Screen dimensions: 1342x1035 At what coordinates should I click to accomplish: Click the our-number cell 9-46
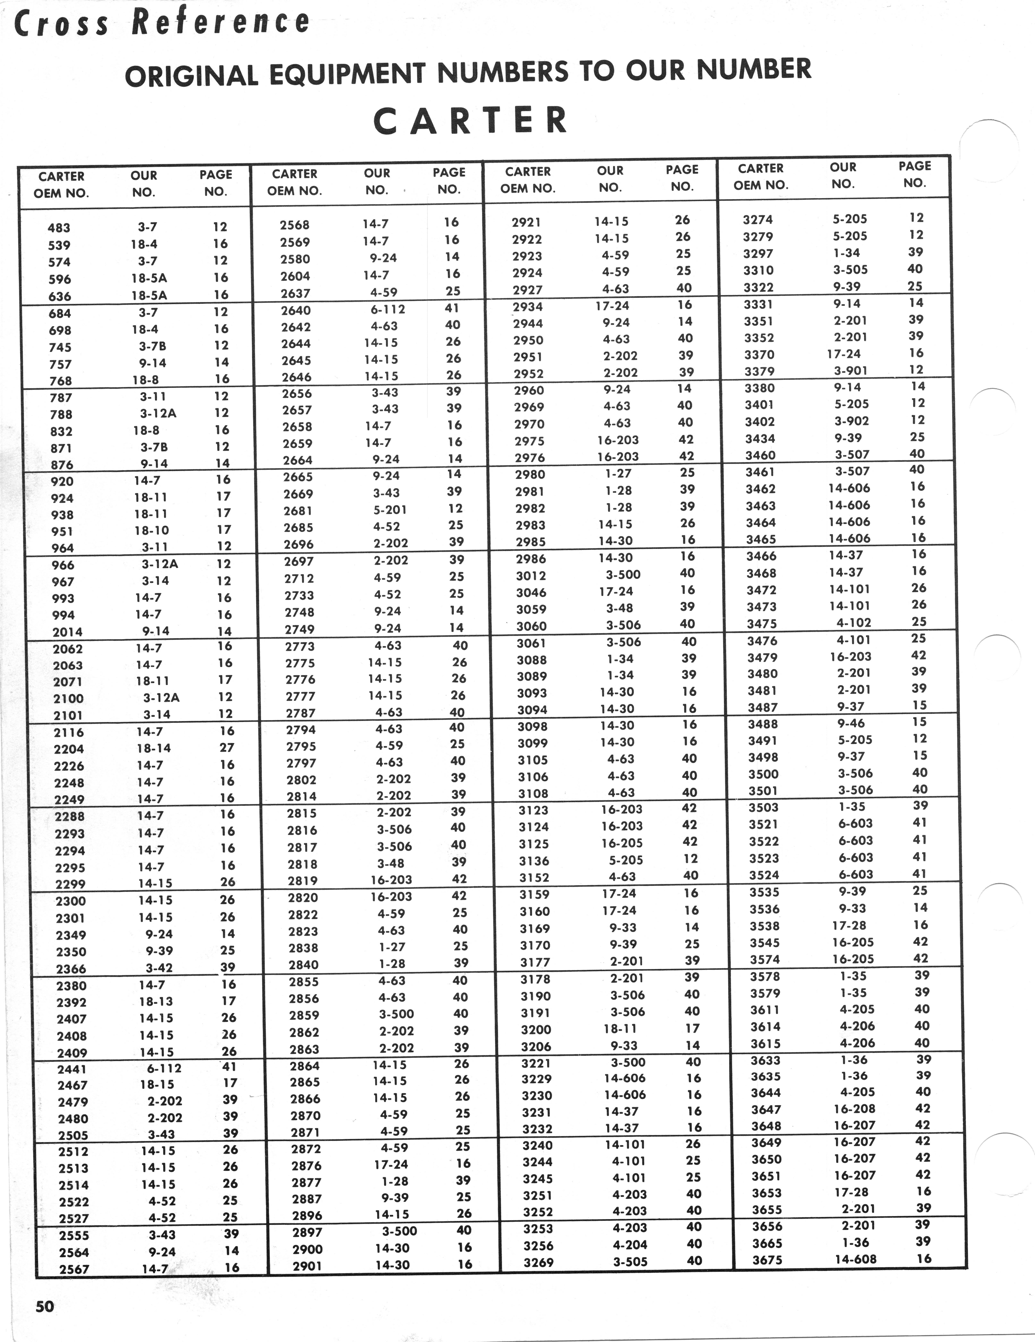pos(851,723)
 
